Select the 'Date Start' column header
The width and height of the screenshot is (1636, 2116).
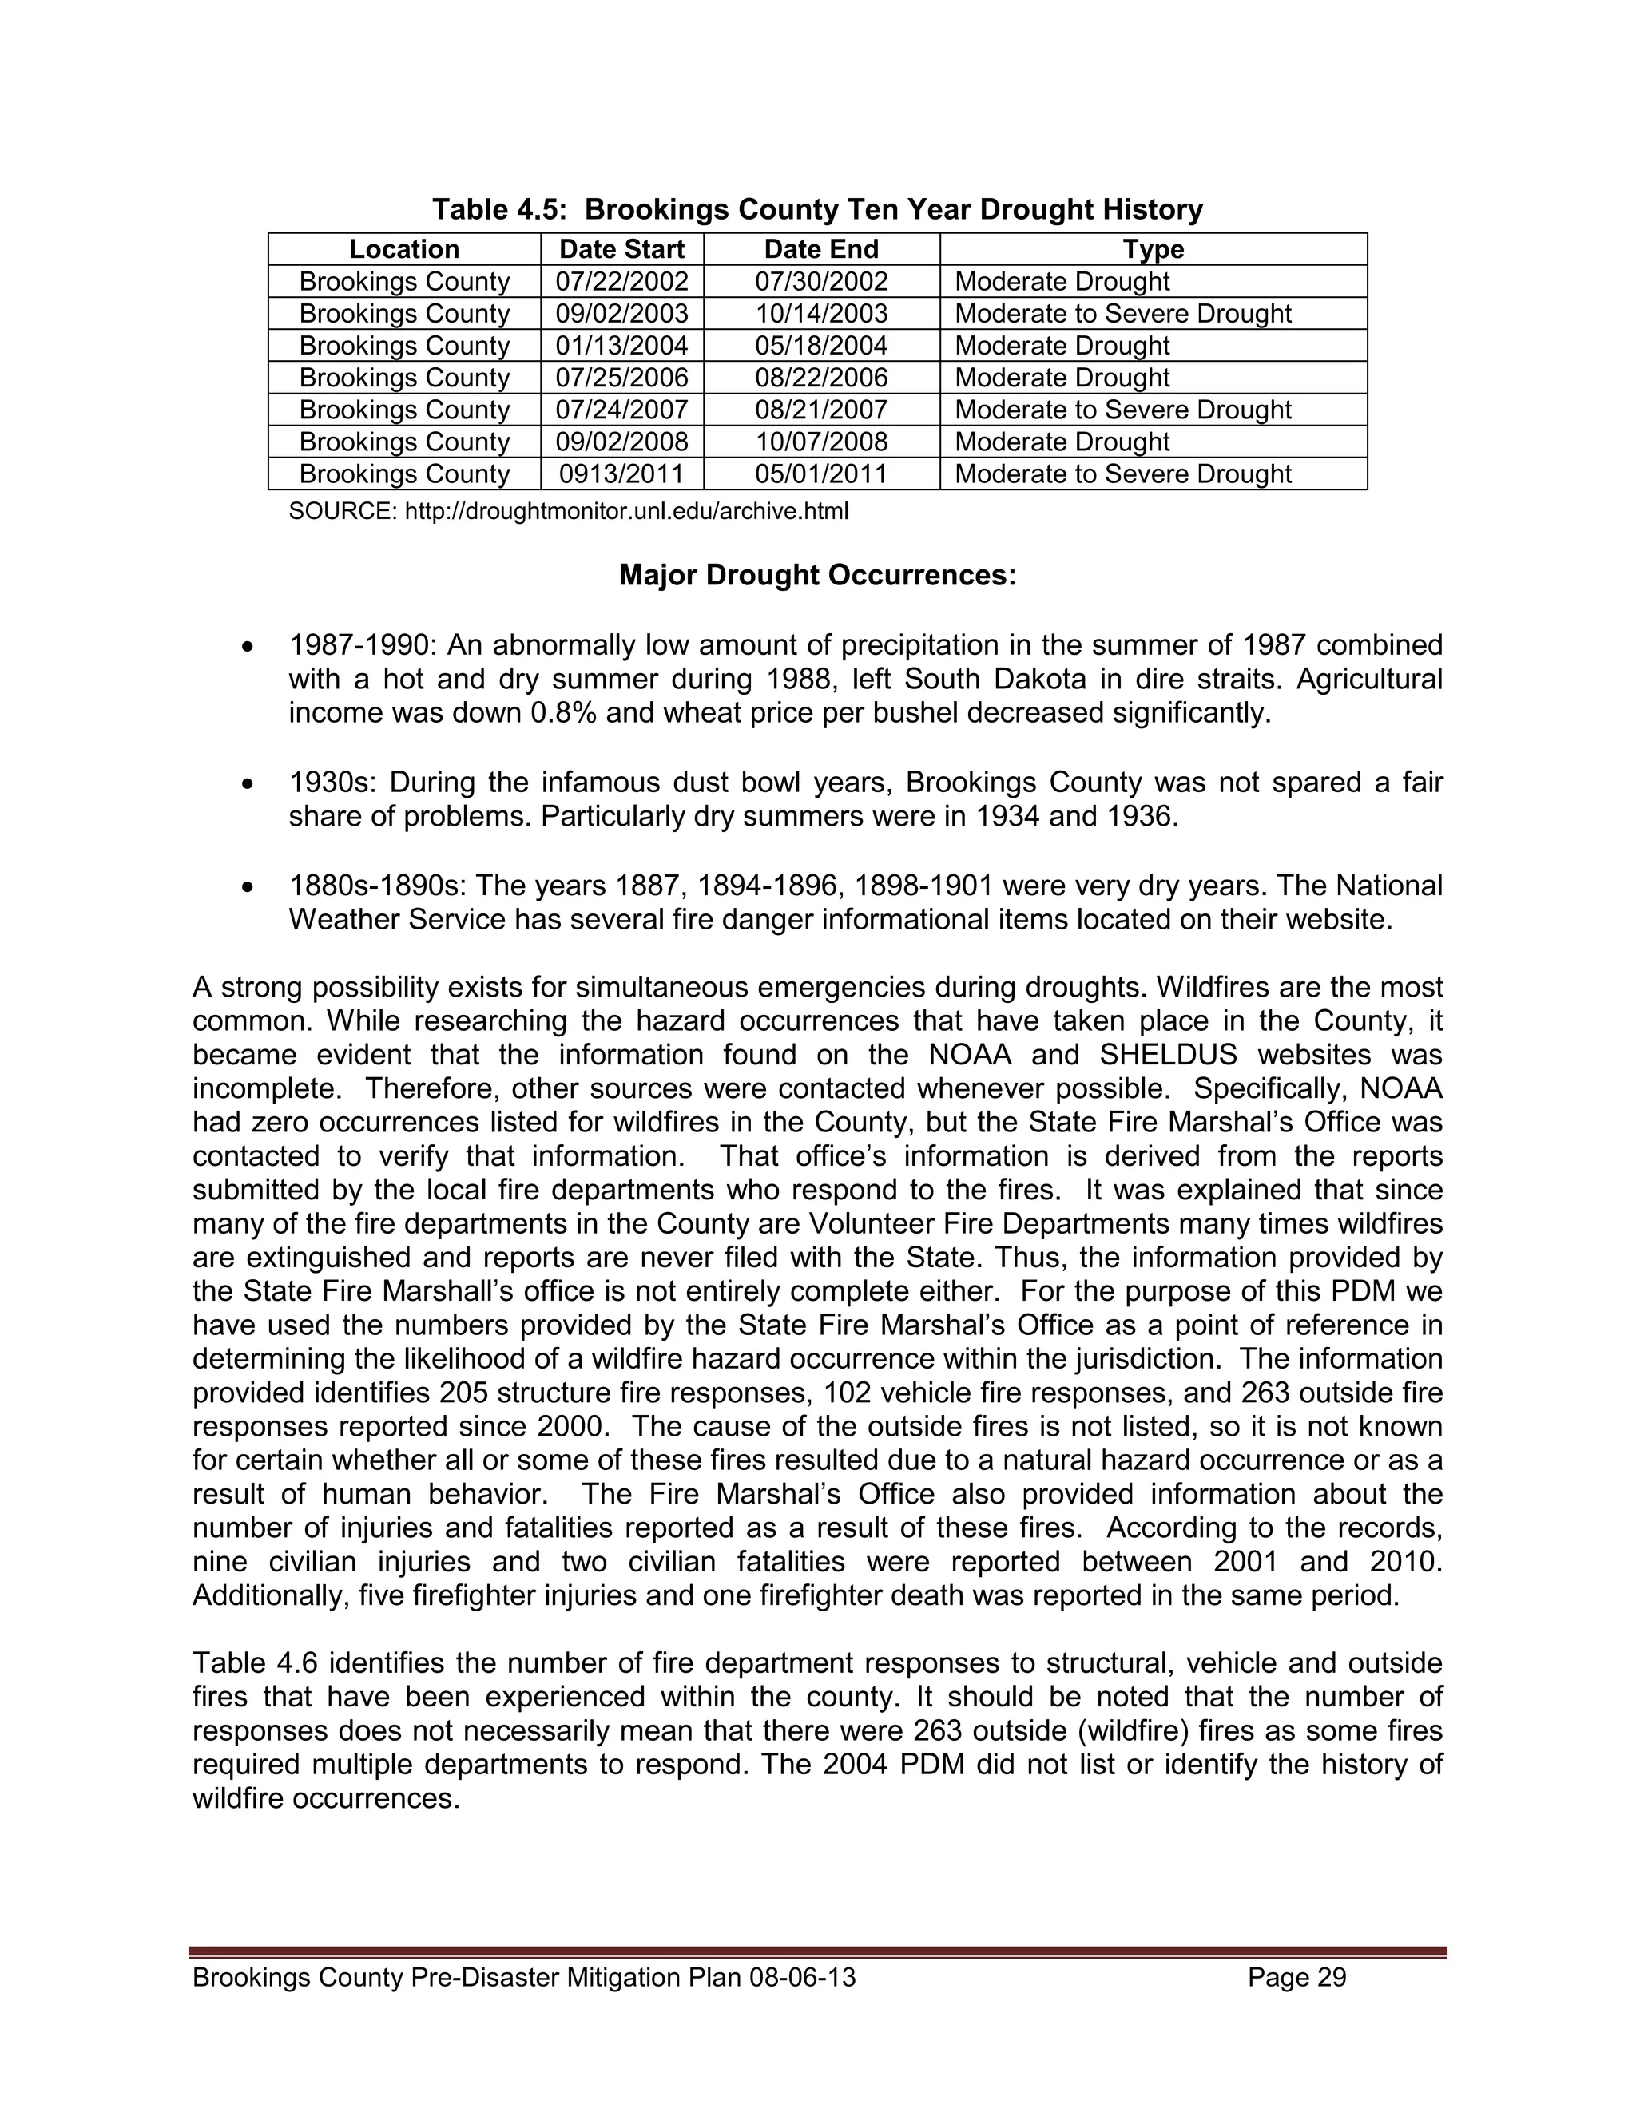pos(621,249)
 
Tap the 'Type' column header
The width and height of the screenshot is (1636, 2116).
pos(1154,249)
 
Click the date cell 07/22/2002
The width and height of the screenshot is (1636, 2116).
pos(621,282)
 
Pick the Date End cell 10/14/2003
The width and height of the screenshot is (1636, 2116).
pos(821,314)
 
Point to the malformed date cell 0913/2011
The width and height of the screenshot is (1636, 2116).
pos(621,474)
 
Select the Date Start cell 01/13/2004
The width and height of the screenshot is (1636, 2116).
pos(621,346)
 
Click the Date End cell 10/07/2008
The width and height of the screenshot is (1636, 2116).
pos(821,442)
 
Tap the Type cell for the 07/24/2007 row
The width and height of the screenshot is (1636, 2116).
pos(1122,410)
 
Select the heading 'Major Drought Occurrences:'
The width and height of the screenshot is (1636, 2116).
pos(817,576)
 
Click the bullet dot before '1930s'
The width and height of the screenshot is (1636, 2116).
pos(249,783)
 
